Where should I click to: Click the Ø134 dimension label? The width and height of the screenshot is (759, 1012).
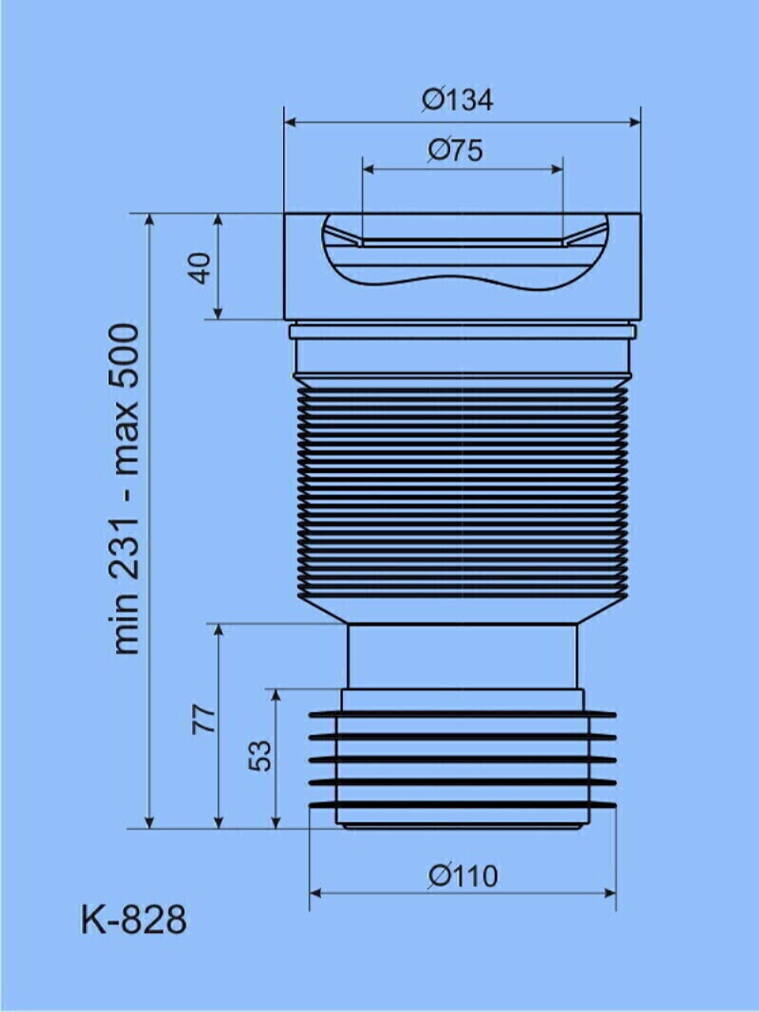457,99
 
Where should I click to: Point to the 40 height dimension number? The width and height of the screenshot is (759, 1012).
201,268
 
